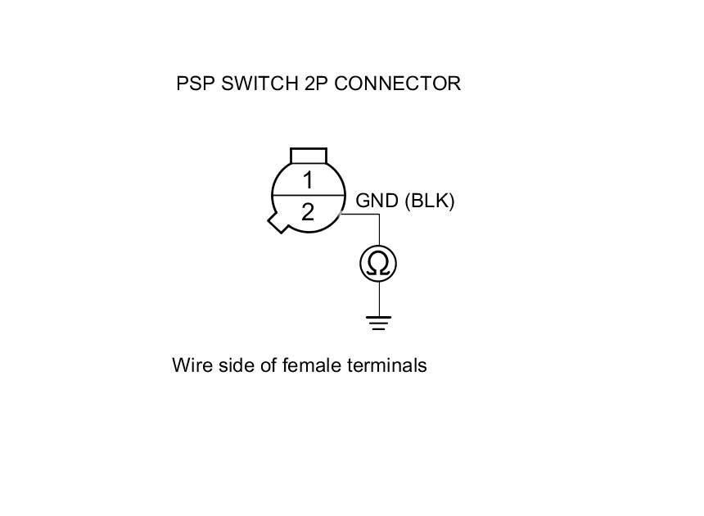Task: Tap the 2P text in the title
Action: (314, 84)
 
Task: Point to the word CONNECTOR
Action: (397, 84)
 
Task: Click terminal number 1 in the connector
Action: (308, 180)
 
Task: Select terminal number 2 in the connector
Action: (308, 212)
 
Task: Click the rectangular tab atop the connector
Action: (309, 156)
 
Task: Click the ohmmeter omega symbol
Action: (378, 264)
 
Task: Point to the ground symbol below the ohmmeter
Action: (378, 322)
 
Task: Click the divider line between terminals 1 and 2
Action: (308, 196)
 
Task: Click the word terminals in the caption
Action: (387, 365)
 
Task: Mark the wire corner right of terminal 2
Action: (378, 215)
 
